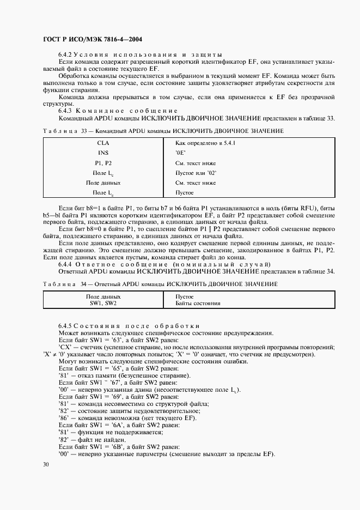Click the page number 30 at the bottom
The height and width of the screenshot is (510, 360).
[x=46, y=464]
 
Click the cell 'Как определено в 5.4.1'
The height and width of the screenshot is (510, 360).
[x=201, y=143]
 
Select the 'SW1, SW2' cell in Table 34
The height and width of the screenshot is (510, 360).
[x=103, y=303]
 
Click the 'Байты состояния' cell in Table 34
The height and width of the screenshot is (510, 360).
[x=198, y=303]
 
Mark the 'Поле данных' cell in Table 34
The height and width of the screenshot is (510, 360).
[x=103, y=296]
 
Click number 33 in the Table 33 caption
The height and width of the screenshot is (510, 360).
[x=83, y=131]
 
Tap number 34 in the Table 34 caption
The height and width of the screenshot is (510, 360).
[x=83, y=284]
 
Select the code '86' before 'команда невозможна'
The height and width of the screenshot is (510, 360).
[x=63, y=418]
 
